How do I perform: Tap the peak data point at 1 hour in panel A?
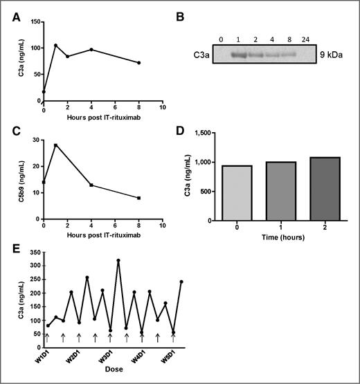pyautogui.click(x=55, y=46)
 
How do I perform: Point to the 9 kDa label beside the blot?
pyautogui.click(x=316, y=52)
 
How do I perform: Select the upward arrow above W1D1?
pyautogui.click(x=47, y=338)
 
